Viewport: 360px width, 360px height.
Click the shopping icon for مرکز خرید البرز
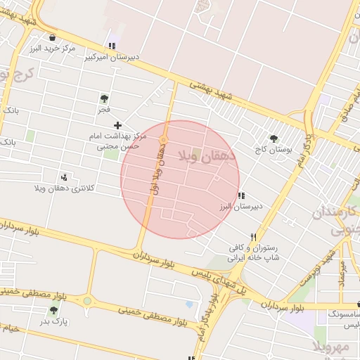tap(53, 38)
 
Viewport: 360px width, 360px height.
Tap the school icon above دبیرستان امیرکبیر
tap(112, 46)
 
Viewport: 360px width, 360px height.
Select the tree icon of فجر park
tap(104, 98)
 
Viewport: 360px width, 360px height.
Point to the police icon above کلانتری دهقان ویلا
tap(65, 176)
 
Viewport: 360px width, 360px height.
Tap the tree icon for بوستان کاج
tap(273, 139)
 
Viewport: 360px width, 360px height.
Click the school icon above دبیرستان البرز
tap(241, 195)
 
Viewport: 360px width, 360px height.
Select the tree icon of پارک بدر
tap(53, 310)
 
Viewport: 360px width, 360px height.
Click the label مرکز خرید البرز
tap(53, 49)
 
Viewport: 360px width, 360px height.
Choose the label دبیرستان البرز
tap(241, 207)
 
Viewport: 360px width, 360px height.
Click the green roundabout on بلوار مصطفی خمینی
tap(87, 301)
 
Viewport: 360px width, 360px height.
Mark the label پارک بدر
tap(53, 321)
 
